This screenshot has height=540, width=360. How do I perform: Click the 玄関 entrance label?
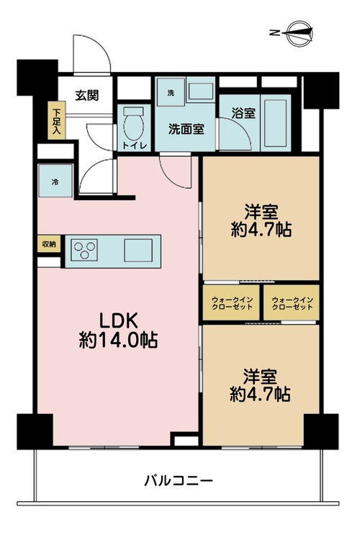tap(87, 95)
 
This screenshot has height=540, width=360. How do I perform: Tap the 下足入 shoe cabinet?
tap(56, 120)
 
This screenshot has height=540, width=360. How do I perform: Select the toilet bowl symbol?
tap(134, 123)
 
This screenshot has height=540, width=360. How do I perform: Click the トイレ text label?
tap(135, 145)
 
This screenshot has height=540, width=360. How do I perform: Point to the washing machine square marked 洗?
tap(171, 92)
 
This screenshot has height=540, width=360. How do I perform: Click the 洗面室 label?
tap(186, 129)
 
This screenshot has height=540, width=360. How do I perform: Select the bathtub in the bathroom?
tap(275, 123)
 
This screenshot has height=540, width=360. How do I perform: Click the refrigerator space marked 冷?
tap(55, 181)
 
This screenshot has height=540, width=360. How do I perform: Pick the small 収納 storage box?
tap(49, 244)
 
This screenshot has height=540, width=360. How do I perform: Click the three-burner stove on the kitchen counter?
tap(84, 250)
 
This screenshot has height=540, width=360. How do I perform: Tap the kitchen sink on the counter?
tap(138, 250)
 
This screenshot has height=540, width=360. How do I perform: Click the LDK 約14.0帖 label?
tap(119, 330)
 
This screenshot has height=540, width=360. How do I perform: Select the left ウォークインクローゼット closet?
tap(232, 302)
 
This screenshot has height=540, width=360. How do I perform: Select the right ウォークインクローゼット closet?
tap(292, 302)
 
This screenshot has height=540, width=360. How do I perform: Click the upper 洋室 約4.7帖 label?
tap(261, 221)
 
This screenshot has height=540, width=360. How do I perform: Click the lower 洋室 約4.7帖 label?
tap(260, 385)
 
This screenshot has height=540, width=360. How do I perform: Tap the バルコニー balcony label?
tap(178, 480)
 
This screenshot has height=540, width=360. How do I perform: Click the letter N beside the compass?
tap(274, 33)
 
